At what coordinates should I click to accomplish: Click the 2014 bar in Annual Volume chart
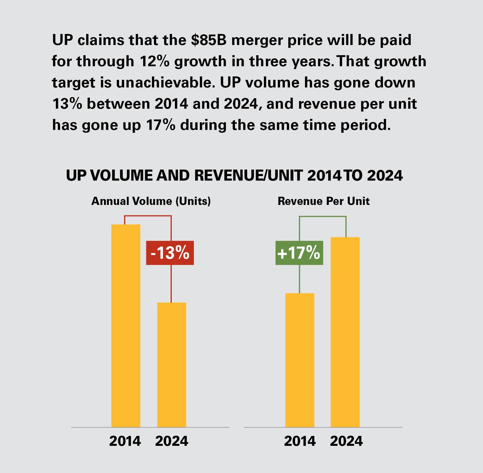pyautogui.click(x=126, y=326)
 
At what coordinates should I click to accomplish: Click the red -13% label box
pyautogui.click(x=170, y=253)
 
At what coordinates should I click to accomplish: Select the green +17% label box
pyautogui.click(x=299, y=253)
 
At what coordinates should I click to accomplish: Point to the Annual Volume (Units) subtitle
pyautogui.click(x=151, y=201)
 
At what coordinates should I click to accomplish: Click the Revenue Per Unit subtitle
pyautogui.click(x=323, y=201)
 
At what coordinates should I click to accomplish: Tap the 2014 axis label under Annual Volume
pyautogui.click(x=125, y=441)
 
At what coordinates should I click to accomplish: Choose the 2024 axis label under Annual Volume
pyautogui.click(x=171, y=441)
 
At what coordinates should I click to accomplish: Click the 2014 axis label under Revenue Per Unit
pyautogui.click(x=300, y=441)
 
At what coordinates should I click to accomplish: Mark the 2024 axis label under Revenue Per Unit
pyautogui.click(x=346, y=441)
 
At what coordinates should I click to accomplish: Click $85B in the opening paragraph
pyautogui.click(x=209, y=40)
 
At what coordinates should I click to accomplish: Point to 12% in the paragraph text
pyautogui.click(x=154, y=61)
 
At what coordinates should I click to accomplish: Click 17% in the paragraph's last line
pyautogui.click(x=160, y=125)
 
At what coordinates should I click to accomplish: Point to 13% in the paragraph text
pyautogui.click(x=67, y=104)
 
